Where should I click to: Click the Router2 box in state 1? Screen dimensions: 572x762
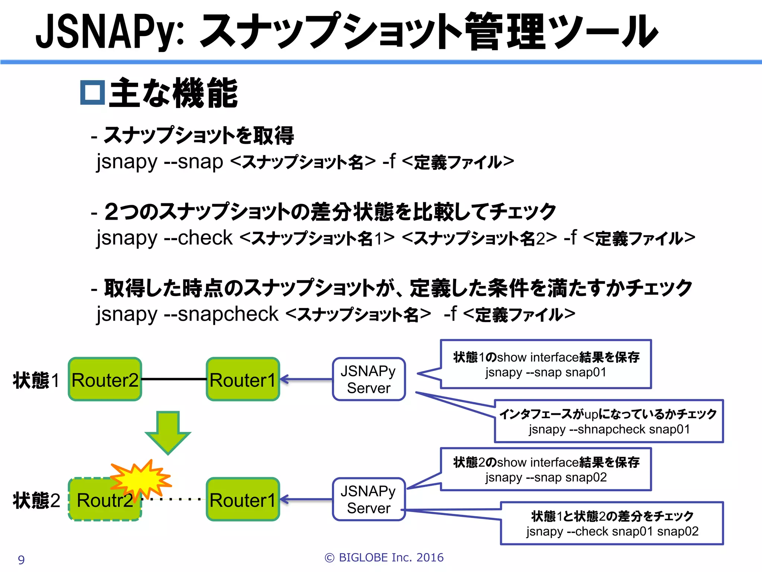[105, 379]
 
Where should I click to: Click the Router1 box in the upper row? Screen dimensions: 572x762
[243, 379]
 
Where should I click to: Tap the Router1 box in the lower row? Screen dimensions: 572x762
[243, 499]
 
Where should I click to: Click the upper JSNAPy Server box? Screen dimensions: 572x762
[368, 379]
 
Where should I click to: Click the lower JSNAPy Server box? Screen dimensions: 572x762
[368, 499]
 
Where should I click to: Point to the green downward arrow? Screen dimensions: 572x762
[168, 432]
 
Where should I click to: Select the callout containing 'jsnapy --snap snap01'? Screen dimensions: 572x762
[545, 364]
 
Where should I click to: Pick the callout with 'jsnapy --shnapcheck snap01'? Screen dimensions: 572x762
[609, 422]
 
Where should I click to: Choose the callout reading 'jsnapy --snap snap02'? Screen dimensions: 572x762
[545, 470]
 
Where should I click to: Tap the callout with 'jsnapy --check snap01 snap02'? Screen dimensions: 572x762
[612, 524]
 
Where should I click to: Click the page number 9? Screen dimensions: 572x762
[21, 560]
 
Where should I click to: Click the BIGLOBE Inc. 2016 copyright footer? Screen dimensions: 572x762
[384, 557]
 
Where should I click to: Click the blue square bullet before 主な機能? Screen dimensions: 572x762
[92, 92]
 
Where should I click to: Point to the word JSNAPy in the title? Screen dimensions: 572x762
[110, 32]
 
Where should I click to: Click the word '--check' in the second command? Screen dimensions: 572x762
[198, 238]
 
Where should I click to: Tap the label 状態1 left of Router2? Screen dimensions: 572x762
[36, 380]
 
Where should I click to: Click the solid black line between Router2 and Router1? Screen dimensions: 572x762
[174, 379]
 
